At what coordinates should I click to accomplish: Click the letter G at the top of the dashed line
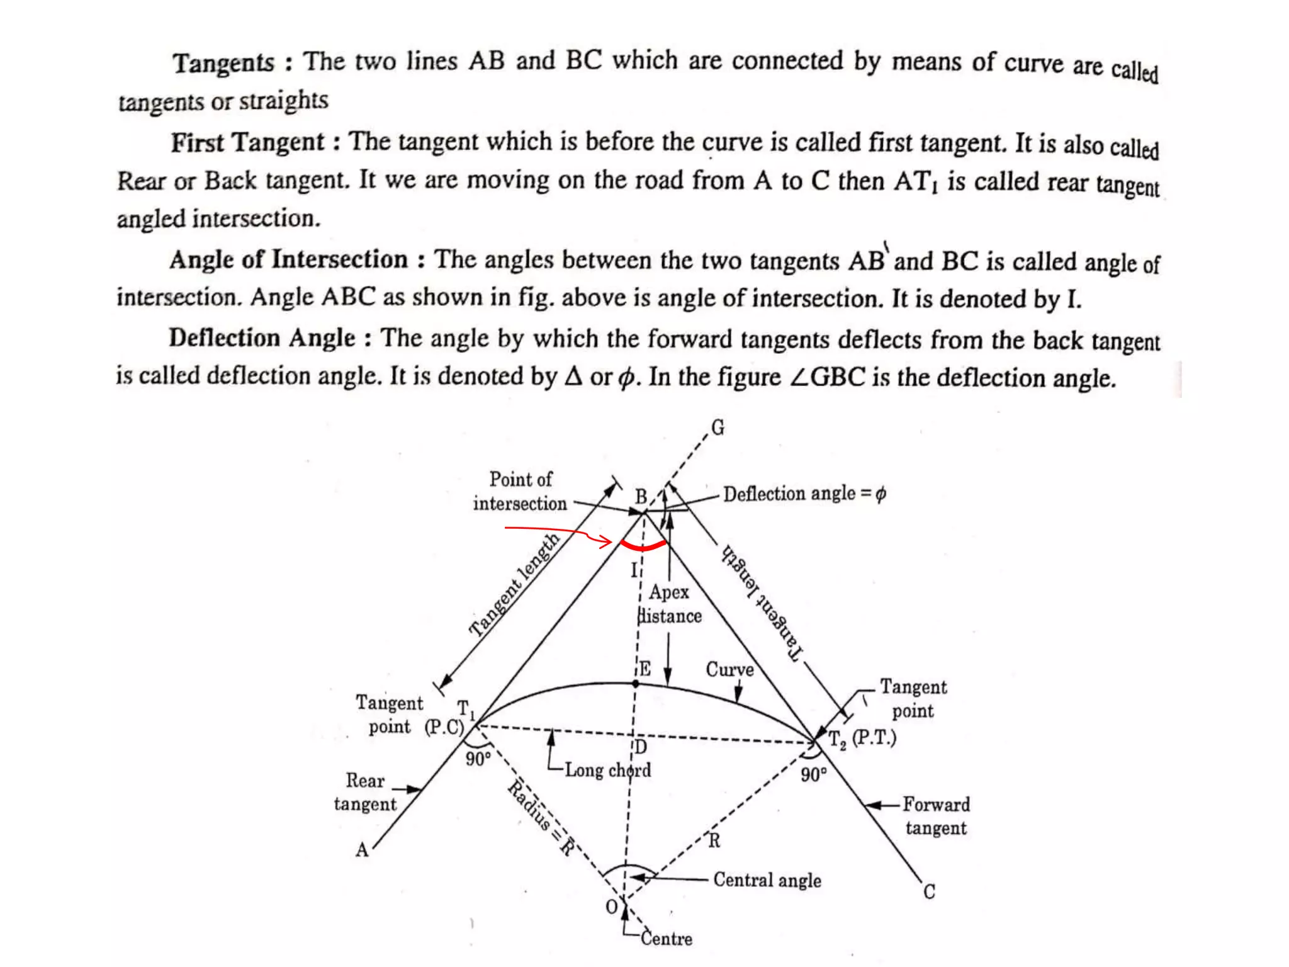[718, 428]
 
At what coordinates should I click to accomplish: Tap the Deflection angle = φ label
[804, 494]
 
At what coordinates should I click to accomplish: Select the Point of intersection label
[521, 492]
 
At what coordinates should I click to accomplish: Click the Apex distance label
[669, 604]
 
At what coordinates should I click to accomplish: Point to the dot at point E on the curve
[636, 683]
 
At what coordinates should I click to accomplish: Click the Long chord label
[607, 770]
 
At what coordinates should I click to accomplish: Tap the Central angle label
[767, 879]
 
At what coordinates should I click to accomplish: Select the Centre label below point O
[666, 939]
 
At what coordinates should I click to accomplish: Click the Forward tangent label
[936, 816]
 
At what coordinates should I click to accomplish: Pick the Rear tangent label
[365, 792]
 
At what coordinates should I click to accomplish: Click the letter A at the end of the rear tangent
[362, 851]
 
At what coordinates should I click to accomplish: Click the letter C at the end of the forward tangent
[929, 892]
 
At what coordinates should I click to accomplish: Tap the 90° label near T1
[478, 759]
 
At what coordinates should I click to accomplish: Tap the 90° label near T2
[813, 774]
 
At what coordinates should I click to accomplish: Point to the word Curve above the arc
[729, 669]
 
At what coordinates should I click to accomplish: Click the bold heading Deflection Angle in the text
[262, 338]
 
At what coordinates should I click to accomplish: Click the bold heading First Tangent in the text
[247, 142]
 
